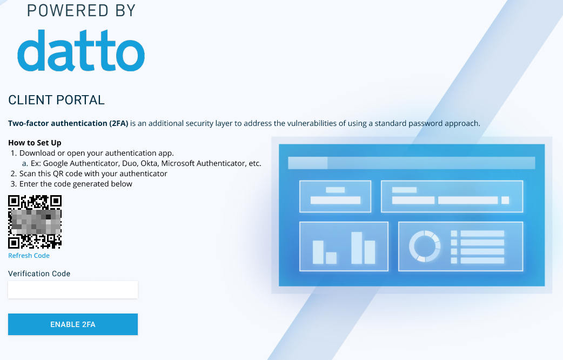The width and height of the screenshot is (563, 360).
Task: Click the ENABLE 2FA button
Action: tap(73, 324)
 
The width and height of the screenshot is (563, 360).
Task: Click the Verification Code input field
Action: tap(73, 290)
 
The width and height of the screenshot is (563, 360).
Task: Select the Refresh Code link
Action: tap(29, 256)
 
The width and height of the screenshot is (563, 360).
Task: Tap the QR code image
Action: tap(35, 222)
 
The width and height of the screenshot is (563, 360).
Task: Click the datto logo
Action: tap(81, 50)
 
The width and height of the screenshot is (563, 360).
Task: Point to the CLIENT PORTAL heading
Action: tap(56, 100)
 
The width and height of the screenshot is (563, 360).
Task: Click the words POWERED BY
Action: tap(81, 10)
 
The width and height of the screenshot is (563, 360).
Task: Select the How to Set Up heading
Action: tap(35, 143)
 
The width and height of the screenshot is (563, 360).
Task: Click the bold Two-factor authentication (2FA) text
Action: tap(68, 123)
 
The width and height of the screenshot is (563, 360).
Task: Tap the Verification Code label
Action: tap(39, 274)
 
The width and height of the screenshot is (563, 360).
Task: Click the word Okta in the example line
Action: tap(149, 163)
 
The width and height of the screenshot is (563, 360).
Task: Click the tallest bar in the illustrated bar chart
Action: tap(357, 248)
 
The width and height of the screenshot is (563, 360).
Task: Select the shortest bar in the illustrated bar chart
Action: tap(331, 258)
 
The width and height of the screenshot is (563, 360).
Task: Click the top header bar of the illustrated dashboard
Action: tap(412, 163)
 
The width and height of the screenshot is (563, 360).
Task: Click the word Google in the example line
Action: tap(55, 163)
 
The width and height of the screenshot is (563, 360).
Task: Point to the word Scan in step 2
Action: tap(28, 174)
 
